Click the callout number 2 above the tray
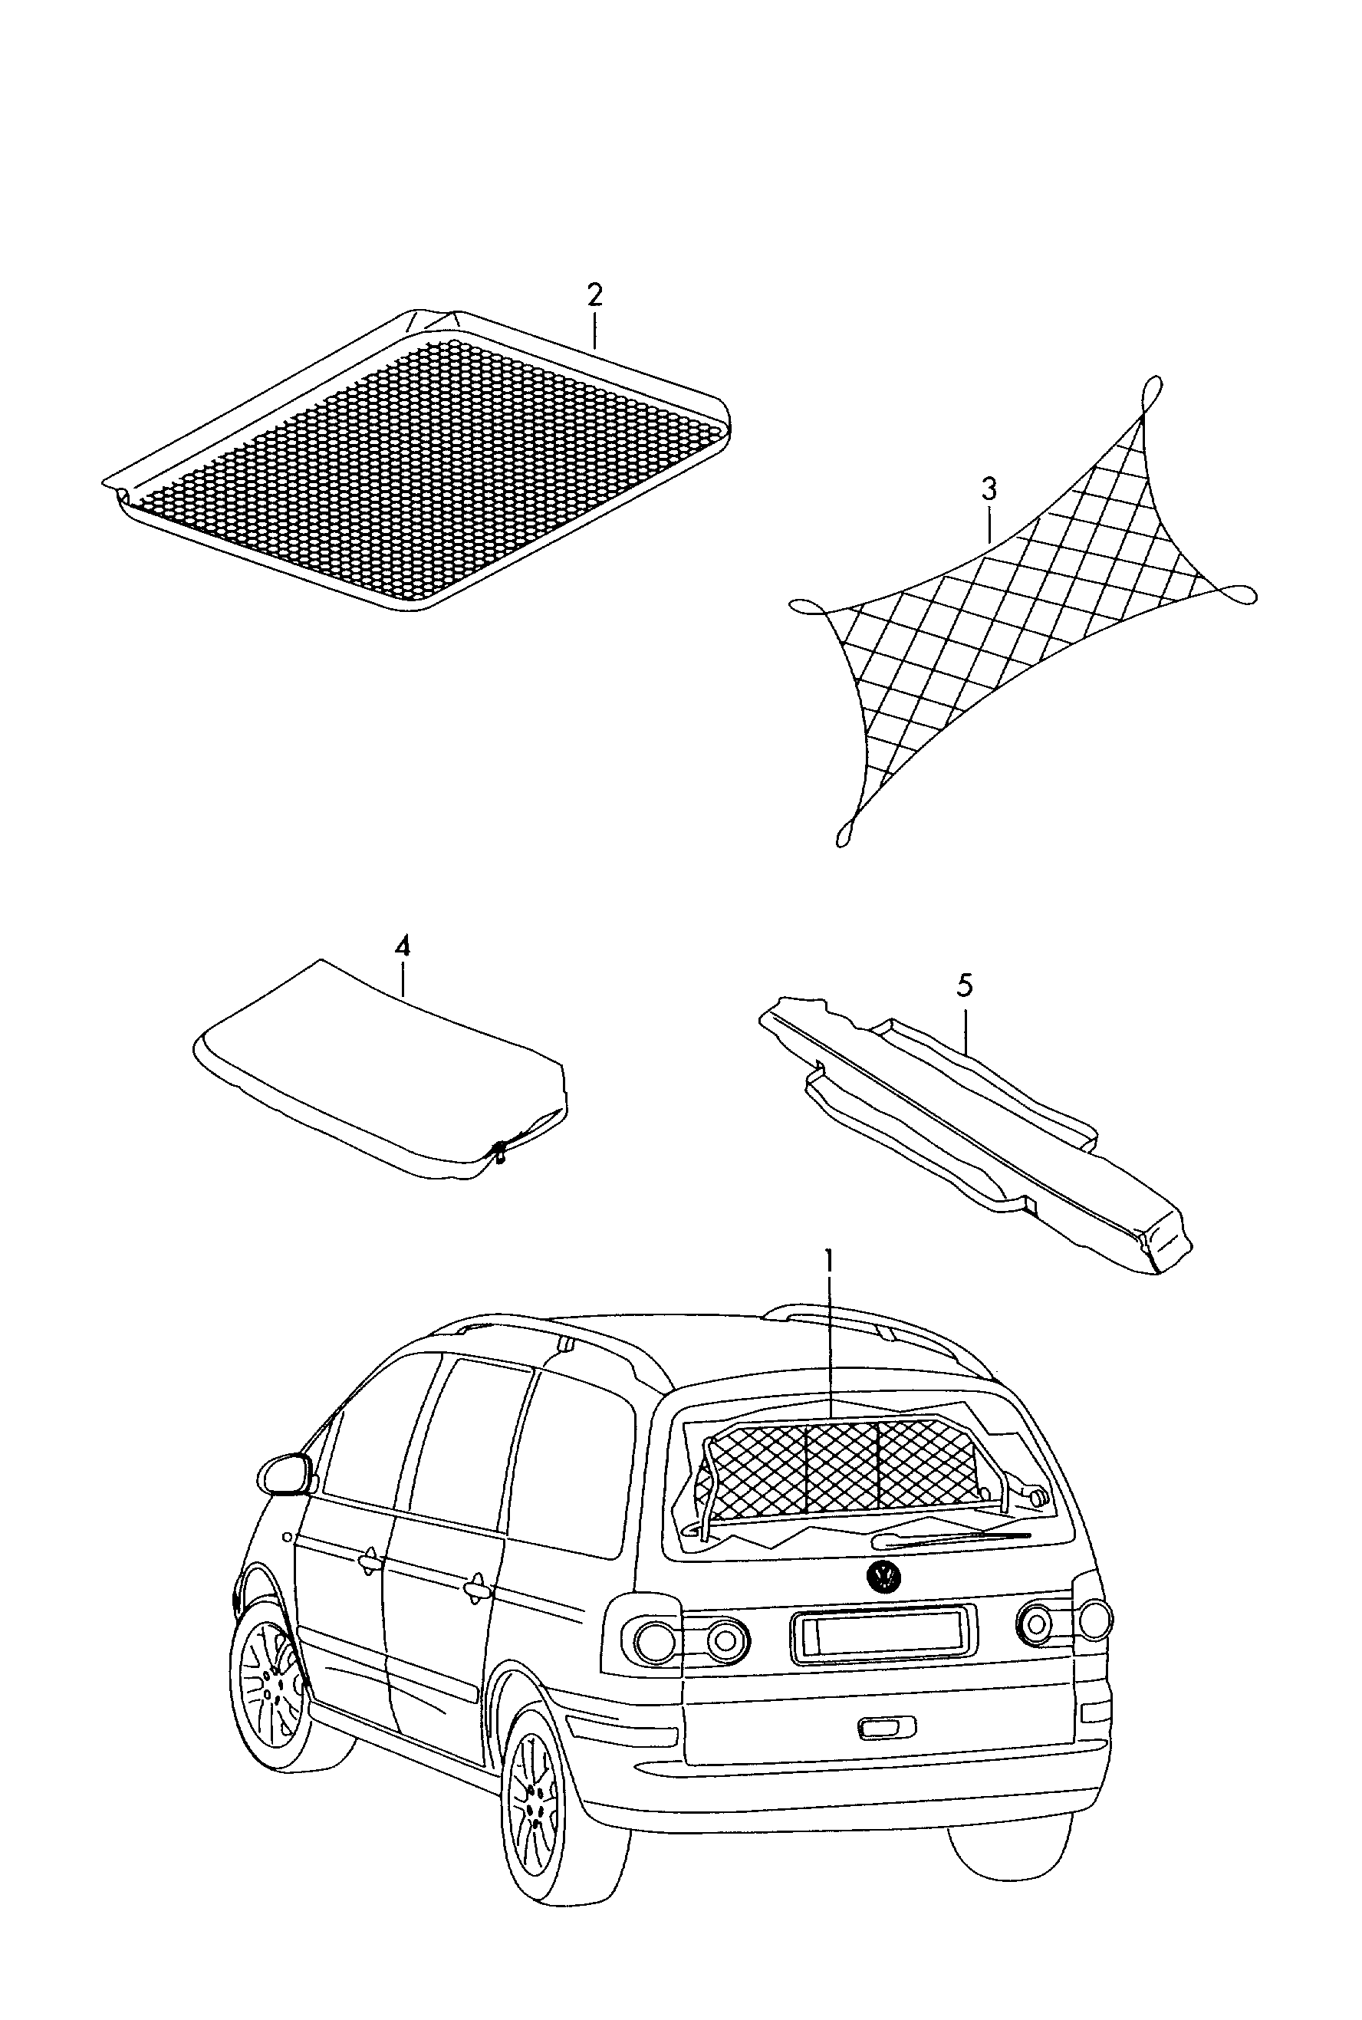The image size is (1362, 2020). pyautogui.click(x=594, y=295)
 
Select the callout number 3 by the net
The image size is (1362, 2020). pyautogui.click(x=989, y=490)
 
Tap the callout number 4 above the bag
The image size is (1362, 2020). pyautogui.click(x=402, y=946)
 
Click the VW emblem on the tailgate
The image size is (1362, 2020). pyautogui.click(x=884, y=1576)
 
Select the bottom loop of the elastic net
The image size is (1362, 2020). pyautogui.click(x=844, y=832)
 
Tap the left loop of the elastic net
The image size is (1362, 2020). pyautogui.click(x=806, y=605)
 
